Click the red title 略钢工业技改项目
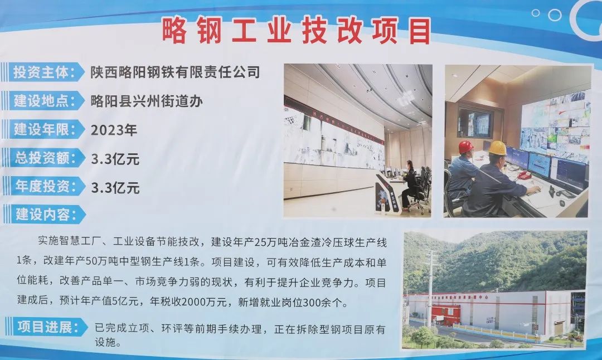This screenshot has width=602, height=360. [x=296, y=31]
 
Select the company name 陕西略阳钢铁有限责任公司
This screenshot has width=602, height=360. [x=175, y=72]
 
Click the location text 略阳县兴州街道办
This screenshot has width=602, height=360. [x=147, y=101]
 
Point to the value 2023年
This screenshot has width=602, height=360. [x=114, y=130]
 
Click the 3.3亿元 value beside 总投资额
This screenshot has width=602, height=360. [x=115, y=159]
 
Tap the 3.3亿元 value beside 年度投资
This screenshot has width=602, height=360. [x=115, y=188]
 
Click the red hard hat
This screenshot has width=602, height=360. [x=465, y=147]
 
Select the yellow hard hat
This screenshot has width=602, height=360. [x=498, y=148]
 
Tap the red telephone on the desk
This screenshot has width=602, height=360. [x=523, y=176]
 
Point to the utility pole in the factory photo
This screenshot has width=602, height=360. [x=430, y=288]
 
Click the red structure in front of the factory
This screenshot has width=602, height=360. [x=445, y=314]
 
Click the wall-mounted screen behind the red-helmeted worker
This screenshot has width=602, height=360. [x=475, y=123]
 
